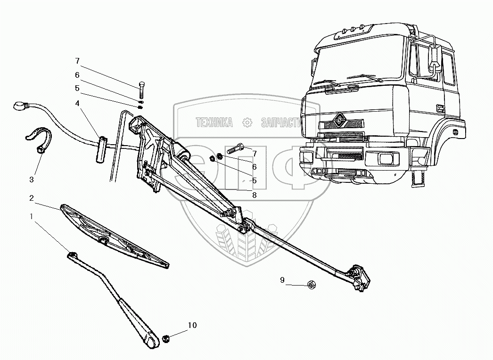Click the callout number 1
32,216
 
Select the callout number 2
32,197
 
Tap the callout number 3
32,180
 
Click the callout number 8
255,195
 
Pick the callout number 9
282,280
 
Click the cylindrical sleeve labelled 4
100,149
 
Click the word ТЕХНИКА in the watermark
214,123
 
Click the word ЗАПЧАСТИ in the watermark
280,123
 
